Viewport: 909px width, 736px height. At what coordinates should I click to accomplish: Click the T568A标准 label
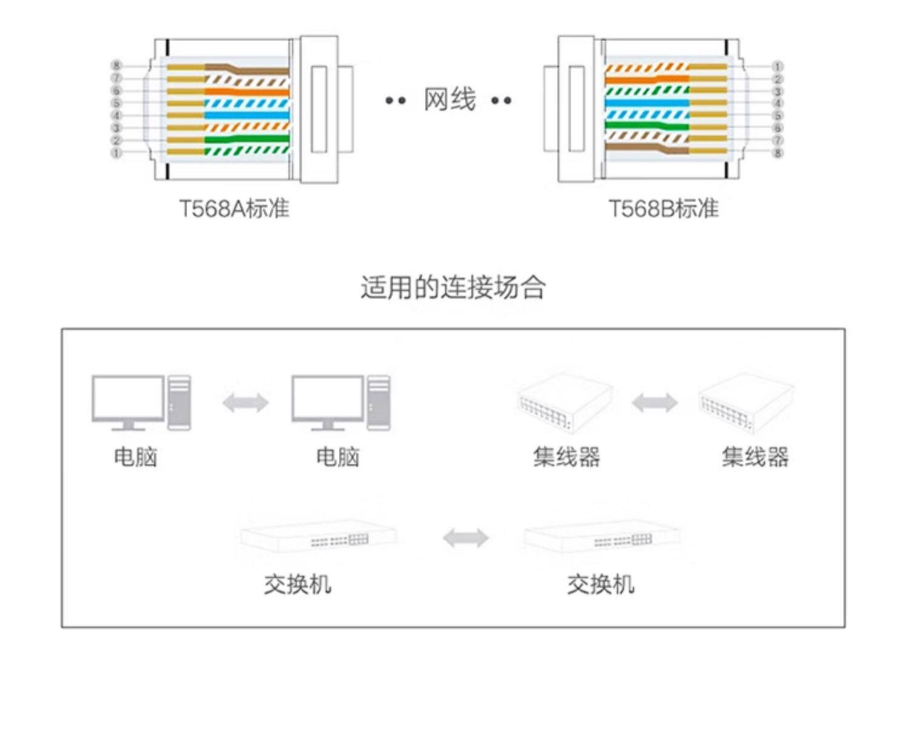tap(234, 208)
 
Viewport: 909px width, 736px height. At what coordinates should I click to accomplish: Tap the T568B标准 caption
tap(663, 208)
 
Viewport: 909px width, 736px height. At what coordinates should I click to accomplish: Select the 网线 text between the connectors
tap(449, 100)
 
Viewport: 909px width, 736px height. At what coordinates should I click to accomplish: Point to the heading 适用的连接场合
tap(453, 287)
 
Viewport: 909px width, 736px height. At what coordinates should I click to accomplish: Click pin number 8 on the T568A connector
tap(116, 65)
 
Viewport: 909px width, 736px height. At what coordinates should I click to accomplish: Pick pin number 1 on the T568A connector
tap(116, 153)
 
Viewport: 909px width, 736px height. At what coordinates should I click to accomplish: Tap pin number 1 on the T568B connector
tap(777, 66)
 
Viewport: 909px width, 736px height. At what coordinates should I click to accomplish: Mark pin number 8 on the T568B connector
tap(777, 153)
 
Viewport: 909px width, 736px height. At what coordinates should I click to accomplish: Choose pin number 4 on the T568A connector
tap(116, 116)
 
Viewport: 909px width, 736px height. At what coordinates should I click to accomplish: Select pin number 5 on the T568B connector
tap(777, 116)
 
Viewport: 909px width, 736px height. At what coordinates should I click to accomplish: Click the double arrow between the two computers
tap(245, 403)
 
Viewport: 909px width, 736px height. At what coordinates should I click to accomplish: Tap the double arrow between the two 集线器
tap(654, 403)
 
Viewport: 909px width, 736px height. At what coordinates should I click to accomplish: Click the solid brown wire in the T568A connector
tap(255, 70)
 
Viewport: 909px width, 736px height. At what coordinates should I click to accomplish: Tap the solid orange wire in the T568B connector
tap(642, 79)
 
